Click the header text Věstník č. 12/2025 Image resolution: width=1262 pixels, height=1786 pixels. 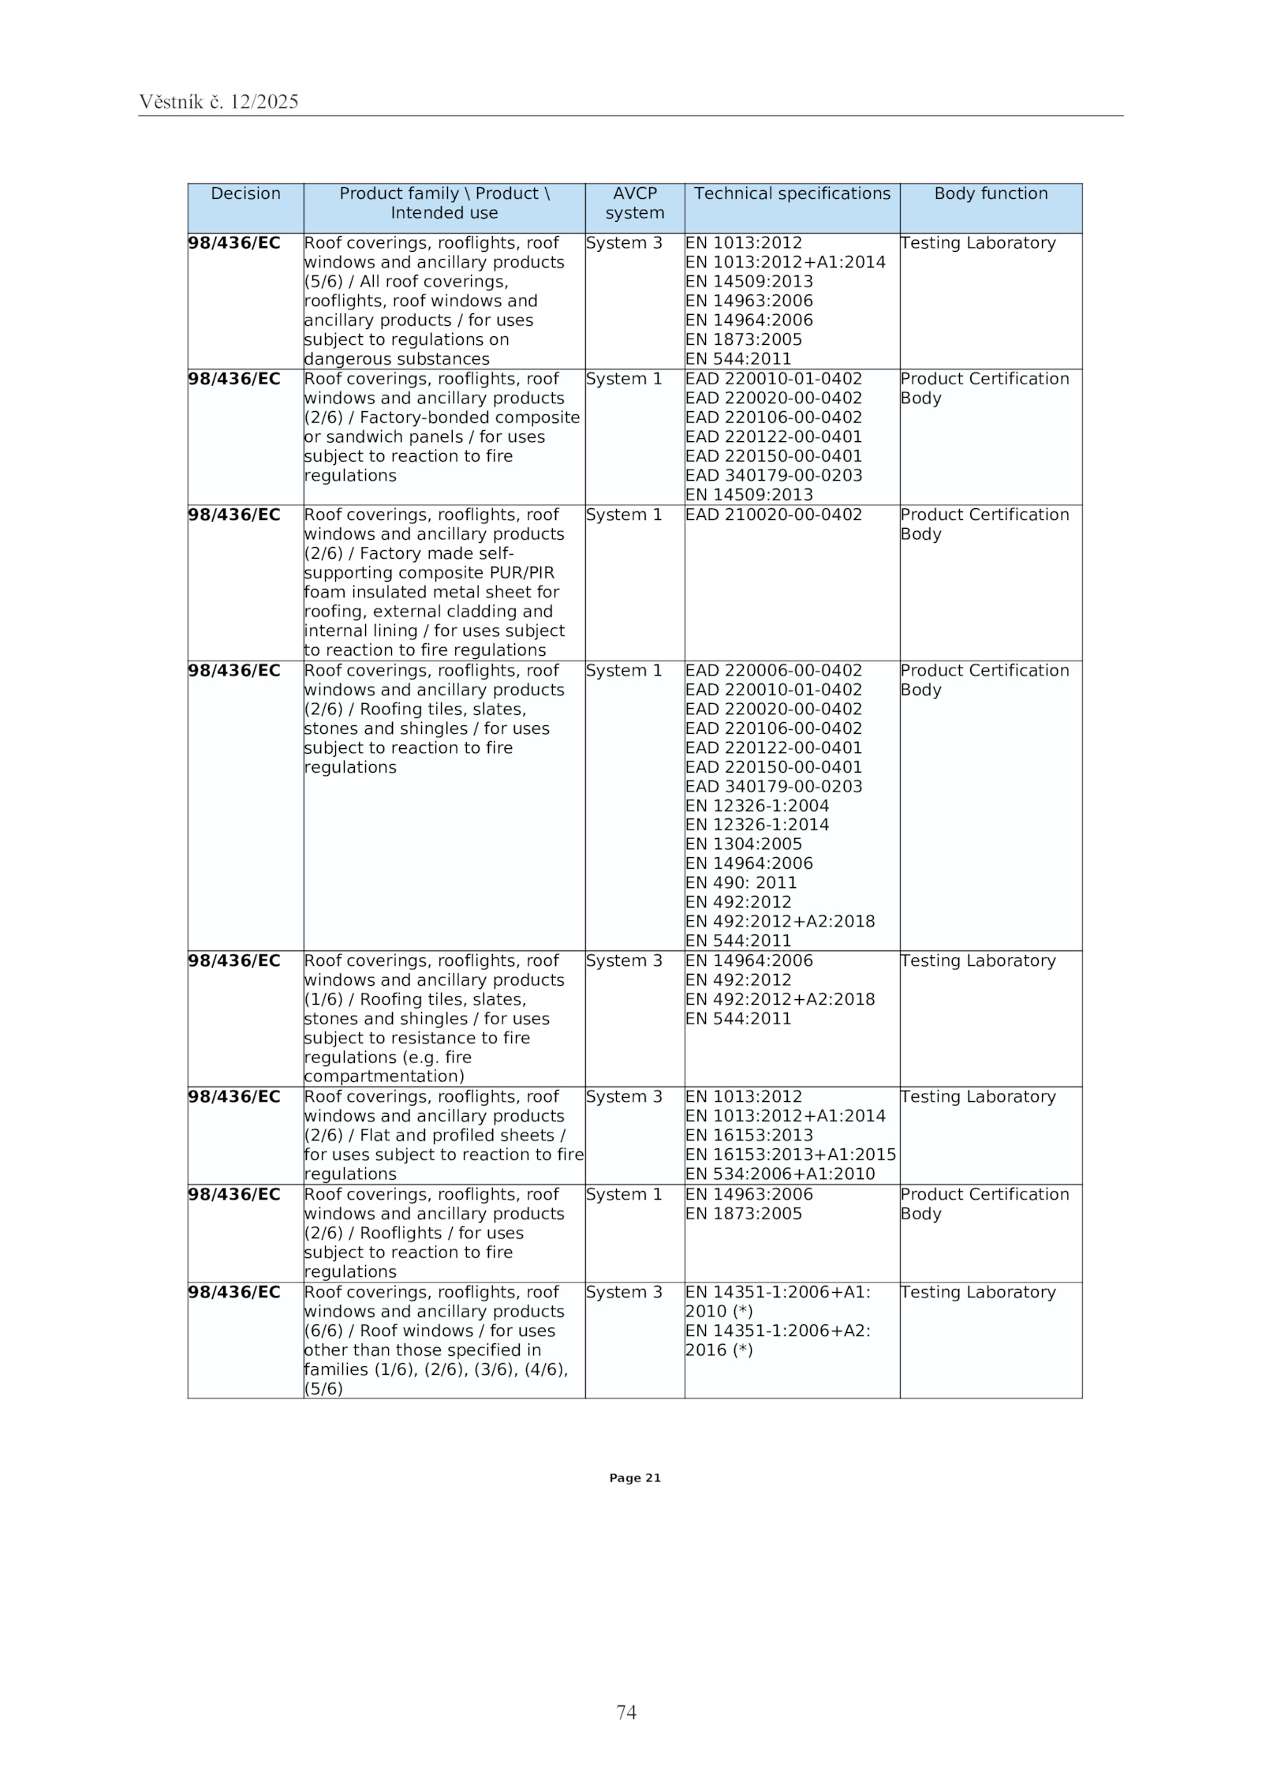pyautogui.click(x=218, y=102)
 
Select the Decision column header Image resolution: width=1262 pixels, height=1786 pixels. pyautogui.click(x=245, y=194)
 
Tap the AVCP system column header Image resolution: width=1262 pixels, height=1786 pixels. pyautogui.click(x=634, y=204)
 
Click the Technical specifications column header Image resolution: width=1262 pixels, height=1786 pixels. pyautogui.click(x=791, y=194)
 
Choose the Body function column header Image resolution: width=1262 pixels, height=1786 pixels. pyautogui.click(x=990, y=194)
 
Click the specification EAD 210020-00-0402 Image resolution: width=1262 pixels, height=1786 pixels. pyautogui.click(x=773, y=515)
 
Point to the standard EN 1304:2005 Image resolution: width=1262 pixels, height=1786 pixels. pyautogui.click(x=743, y=844)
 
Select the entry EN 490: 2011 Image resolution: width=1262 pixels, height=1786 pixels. pyautogui.click(x=741, y=883)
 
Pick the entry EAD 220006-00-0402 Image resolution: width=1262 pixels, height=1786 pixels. pyautogui.click(x=773, y=671)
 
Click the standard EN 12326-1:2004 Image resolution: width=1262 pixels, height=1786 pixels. pyautogui.click(x=756, y=806)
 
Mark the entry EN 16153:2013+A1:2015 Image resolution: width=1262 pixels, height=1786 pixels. pyautogui.click(x=790, y=1155)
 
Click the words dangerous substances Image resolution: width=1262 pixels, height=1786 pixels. pyautogui.click(x=397, y=360)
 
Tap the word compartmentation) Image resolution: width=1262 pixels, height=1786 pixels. pyautogui.click(x=384, y=1077)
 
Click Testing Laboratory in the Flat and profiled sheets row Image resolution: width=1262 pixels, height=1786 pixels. pyautogui.click(x=977, y=1097)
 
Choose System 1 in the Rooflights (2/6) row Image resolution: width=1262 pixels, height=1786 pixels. pyautogui.click(x=623, y=1195)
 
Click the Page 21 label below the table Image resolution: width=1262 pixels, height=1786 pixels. pyautogui.click(x=634, y=1478)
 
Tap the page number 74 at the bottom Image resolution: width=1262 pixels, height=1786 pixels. pyautogui.click(x=626, y=1712)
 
